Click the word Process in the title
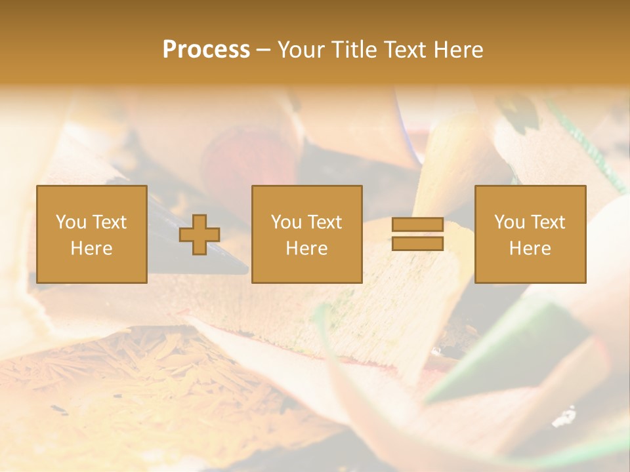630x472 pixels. (x=206, y=50)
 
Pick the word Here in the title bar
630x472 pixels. (x=459, y=50)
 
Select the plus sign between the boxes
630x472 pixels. (x=199, y=235)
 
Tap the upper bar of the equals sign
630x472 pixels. (x=417, y=225)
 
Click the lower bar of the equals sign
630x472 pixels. (x=417, y=244)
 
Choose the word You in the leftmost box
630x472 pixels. (x=70, y=222)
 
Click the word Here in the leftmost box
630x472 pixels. (x=91, y=248)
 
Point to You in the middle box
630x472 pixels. (x=286, y=222)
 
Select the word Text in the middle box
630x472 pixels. (x=324, y=222)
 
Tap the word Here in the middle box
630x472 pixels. (x=307, y=248)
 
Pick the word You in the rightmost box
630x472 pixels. (x=509, y=222)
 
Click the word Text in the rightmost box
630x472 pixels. (x=547, y=222)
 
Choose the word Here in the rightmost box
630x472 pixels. (x=530, y=248)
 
